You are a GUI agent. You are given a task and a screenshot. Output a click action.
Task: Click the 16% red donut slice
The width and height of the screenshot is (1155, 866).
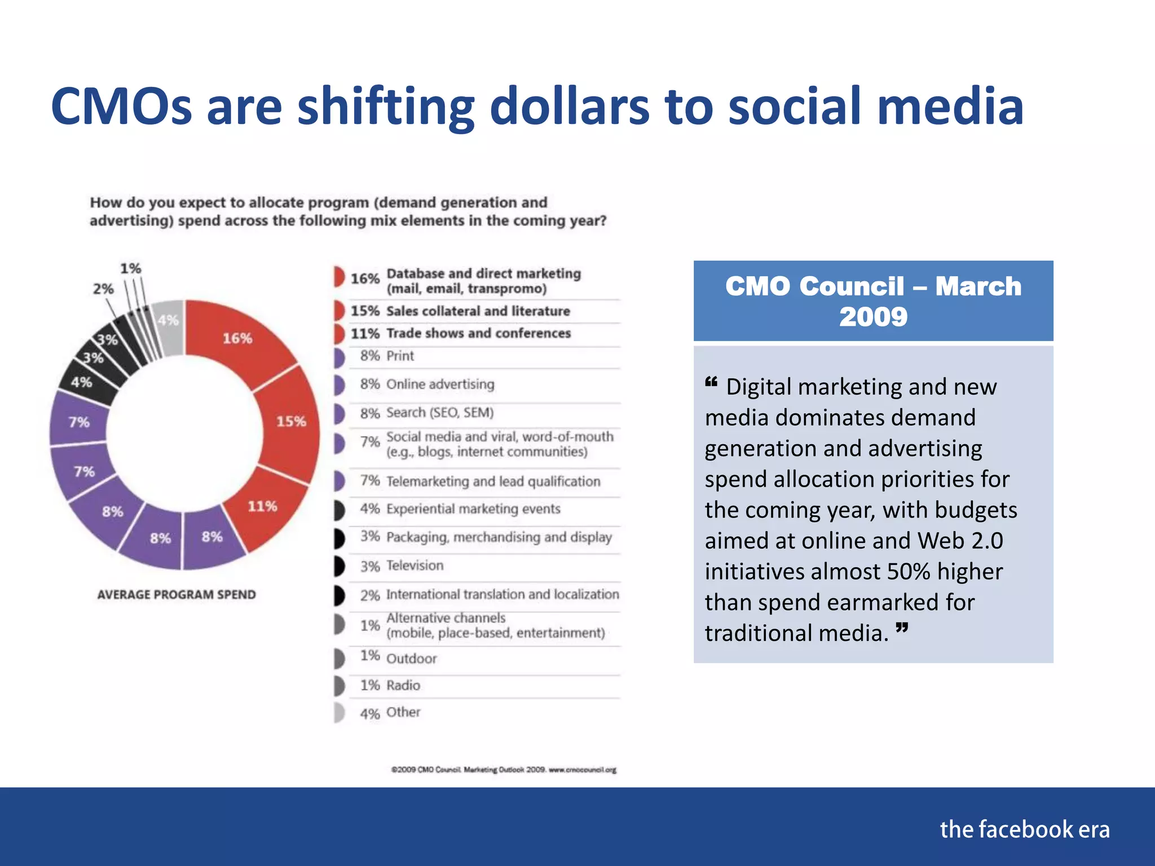[x=237, y=338]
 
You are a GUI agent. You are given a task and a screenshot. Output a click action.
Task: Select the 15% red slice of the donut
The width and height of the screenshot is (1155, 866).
[x=290, y=421]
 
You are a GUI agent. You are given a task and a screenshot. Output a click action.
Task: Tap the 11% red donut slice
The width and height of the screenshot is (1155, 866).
[x=262, y=506]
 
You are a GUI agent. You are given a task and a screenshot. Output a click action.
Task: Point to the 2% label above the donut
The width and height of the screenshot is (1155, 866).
[x=103, y=289]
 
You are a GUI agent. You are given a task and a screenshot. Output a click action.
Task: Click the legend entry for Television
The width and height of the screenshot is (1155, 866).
[x=415, y=565]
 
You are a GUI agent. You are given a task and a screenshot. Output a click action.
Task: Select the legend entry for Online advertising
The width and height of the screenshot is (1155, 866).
[x=440, y=385]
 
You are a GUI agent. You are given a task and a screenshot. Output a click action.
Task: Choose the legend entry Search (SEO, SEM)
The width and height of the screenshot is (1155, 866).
[x=439, y=413]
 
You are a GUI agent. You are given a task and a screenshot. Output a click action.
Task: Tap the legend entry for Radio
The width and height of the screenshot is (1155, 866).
[x=403, y=686]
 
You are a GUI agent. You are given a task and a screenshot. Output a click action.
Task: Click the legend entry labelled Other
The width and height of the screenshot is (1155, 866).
[x=403, y=713]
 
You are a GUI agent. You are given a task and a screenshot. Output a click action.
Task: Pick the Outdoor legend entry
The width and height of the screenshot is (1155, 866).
[x=411, y=658]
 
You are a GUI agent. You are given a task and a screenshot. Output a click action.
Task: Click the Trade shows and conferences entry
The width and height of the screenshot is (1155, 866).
[x=478, y=333]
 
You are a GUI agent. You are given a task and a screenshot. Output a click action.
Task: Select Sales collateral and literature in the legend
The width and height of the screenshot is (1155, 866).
[x=478, y=311]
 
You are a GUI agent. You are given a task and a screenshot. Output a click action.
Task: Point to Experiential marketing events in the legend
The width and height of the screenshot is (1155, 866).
[x=473, y=509]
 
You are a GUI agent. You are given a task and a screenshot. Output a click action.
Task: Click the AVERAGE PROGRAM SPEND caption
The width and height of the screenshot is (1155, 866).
[x=177, y=595]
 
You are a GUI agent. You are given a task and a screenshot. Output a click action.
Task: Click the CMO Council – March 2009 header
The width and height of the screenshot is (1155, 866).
[x=873, y=301]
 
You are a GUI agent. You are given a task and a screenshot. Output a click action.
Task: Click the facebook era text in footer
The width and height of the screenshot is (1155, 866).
[x=1024, y=829]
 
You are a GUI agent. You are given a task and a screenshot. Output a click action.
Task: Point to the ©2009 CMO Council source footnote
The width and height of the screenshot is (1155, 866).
[x=504, y=770]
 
